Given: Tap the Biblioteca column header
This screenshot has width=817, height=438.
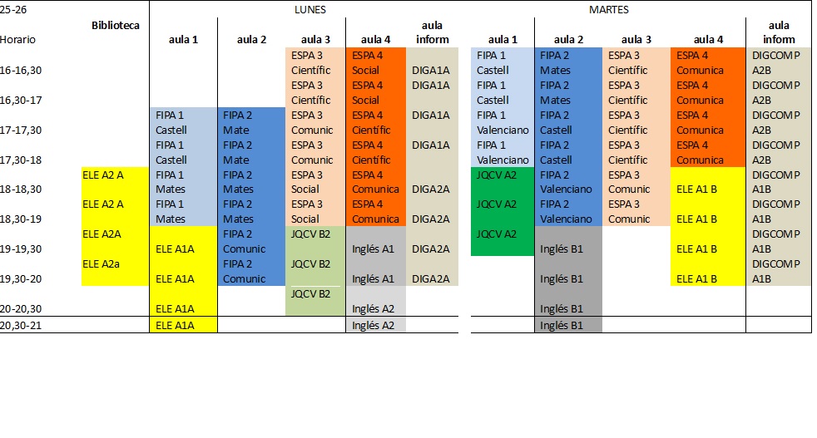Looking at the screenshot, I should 115,25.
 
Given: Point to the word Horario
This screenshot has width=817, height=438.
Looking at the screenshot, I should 18,39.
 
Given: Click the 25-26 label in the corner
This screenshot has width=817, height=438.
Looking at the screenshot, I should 12,9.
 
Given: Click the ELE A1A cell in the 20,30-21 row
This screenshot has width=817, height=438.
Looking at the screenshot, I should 175,325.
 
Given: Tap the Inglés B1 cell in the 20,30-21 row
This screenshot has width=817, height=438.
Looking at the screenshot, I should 563,325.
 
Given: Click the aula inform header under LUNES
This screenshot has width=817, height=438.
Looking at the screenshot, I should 432,32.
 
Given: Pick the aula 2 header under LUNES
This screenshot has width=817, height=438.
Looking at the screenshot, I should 251,39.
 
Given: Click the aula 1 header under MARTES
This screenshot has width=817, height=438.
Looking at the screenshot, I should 503,39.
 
